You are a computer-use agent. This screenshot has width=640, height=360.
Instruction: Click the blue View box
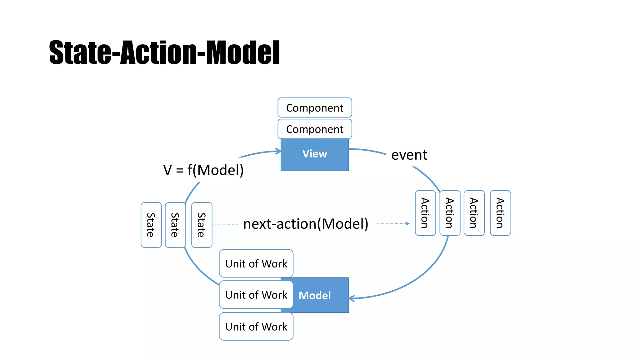[x=315, y=154]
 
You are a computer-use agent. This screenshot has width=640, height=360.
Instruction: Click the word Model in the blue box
[x=315, y=295]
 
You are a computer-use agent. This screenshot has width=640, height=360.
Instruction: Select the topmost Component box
[x=315, y=108]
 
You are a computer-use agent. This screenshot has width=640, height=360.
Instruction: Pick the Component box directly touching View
[x=315, y=129]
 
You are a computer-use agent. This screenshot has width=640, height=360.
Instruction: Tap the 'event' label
[x=409, y=155]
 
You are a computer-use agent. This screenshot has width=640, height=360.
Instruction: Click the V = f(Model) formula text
[x=203, y=170]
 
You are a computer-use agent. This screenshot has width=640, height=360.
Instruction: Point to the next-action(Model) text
[x=306, y=224]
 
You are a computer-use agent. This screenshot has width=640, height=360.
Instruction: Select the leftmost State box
[x=151, y=225]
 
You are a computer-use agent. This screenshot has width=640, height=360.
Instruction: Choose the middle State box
[x=175, y=225]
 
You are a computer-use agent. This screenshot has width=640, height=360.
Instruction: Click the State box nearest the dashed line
[x=202, y=225]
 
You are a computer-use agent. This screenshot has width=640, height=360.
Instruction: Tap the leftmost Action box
[x=425, y=213]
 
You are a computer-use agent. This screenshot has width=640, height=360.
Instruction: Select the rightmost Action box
[x=500, y=213]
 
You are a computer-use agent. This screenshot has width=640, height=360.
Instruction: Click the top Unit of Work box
[x=256, y=263]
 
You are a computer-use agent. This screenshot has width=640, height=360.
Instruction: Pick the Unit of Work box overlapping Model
[x=256, y=295]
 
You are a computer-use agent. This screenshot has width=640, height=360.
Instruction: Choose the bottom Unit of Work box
[x=256, y=327]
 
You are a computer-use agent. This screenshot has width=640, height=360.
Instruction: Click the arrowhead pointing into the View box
[x=278, y=152]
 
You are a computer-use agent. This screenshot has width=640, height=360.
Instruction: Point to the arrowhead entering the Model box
[x=352, y=298]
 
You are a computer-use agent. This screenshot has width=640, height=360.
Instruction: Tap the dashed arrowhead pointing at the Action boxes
[x=407, y=224]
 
